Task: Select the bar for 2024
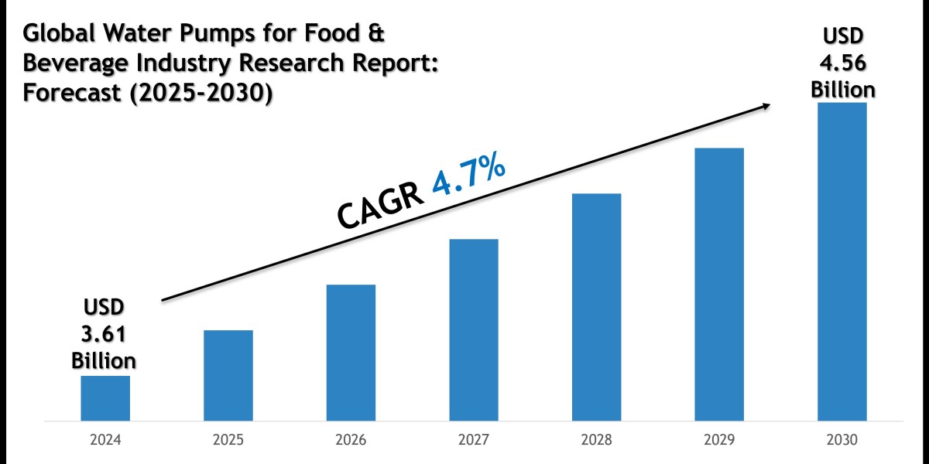tap(105, 398)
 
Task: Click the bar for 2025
tap(228, 376)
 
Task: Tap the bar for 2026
tap(351, 353)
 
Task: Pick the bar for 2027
tap(474, 330)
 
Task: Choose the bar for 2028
tap(597, 307)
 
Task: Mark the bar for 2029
tap(719, 285)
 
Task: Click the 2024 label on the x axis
tap(105, 440)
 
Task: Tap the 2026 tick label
tap(351, 440)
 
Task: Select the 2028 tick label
tap(597, 440)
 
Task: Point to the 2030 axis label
tap(842, 440)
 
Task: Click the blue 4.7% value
tap(469, 180)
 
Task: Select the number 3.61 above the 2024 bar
tap(104, 334)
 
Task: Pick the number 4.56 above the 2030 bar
tap(843, 63)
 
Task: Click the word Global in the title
tap(60, 35)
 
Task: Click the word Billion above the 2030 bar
tap(843, 90)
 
